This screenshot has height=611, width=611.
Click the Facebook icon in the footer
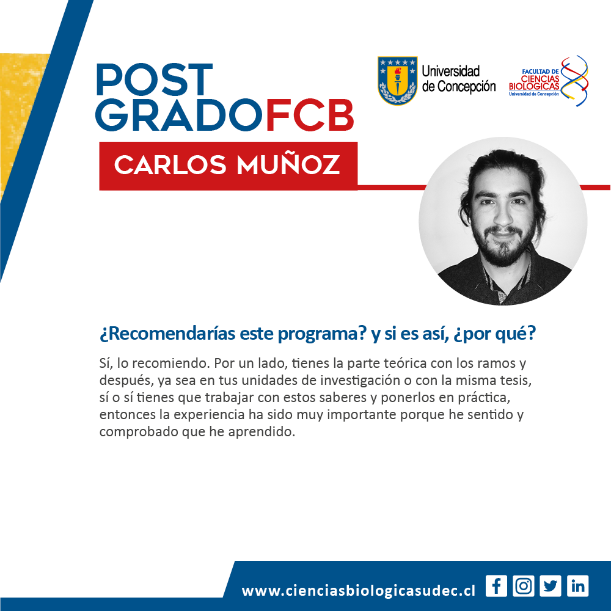tap(496, 586)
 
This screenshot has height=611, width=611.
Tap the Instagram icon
tap(524, 586)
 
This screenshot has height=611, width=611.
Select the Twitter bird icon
tap(551, 586)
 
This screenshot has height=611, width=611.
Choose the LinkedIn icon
tap(577, 586)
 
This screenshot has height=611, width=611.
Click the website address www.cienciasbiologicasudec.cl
tap(359, 590)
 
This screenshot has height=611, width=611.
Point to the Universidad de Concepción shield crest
tap(398, 80)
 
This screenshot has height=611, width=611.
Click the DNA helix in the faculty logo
tap(574, 81)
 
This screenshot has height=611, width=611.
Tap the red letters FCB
tap(310, 115)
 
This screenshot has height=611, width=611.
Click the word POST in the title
tap(155, 79)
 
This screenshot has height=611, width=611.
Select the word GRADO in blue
tap(179, 115)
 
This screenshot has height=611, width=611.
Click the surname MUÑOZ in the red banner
tap(288, 164)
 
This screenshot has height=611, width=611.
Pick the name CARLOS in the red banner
tap(170, 165)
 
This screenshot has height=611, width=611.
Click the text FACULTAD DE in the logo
tap(540, 71)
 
